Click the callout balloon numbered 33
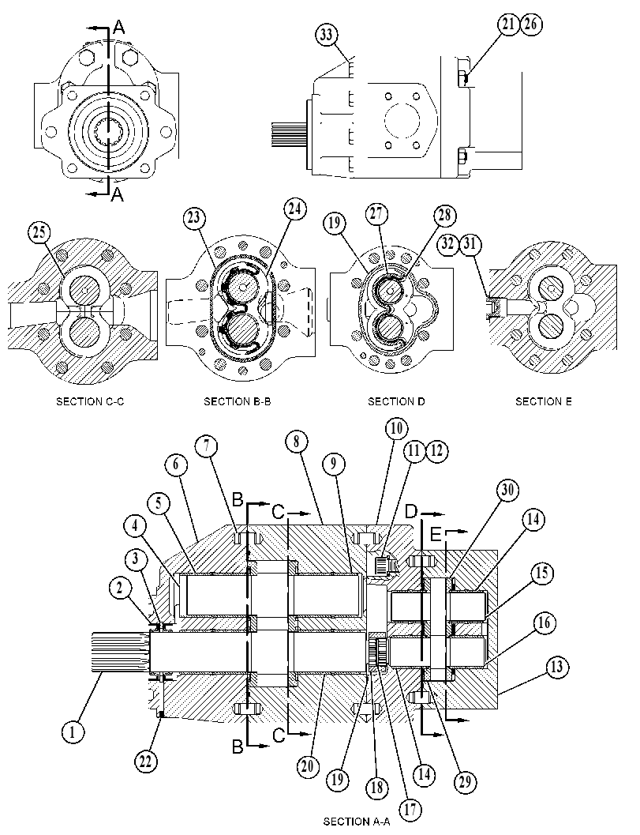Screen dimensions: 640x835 (x=326, y=35)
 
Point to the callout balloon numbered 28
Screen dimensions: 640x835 (x=444, y=215)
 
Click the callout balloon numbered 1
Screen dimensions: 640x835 (x=73, y=732)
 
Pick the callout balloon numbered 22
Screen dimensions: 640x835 (x=145, y=761)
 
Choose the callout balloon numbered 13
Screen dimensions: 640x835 (x=556, y=668)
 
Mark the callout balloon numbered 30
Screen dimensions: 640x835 (x=507, y=490)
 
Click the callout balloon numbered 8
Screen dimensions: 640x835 (x=296, y=441)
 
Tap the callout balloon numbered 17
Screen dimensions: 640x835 (x=410, y=810)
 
